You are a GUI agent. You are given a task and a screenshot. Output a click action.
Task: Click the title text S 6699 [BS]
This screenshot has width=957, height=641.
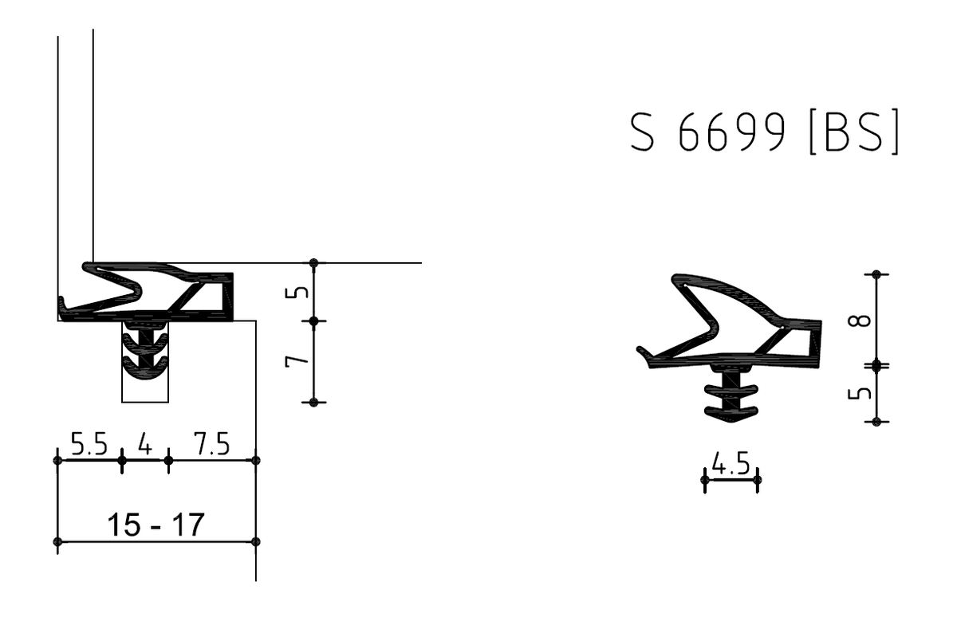point(764,132)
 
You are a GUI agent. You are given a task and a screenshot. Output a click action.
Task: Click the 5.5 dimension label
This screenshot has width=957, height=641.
point(89,445)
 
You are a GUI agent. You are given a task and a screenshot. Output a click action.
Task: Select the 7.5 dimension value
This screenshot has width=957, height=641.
point(211,445)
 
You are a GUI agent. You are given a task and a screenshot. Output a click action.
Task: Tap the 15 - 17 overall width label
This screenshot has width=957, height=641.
point(156,525)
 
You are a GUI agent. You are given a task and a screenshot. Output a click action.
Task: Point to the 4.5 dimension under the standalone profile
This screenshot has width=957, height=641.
point(731,465)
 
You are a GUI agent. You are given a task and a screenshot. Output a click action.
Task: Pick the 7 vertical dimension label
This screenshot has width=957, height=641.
point(296,361)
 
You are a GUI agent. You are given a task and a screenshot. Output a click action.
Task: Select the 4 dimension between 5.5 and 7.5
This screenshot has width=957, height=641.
point(145,445)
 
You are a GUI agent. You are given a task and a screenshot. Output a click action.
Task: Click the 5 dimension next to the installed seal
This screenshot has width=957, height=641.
point(296,292)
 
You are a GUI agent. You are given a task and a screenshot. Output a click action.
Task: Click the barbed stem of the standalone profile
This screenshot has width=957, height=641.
point(729,395)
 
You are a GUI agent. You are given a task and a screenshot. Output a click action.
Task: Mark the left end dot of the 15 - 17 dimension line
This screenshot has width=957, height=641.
point(57,542)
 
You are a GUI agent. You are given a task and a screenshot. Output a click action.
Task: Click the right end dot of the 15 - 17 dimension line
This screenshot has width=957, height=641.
point(255,542)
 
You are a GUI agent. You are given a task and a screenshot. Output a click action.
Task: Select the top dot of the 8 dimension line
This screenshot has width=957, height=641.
point(876,274)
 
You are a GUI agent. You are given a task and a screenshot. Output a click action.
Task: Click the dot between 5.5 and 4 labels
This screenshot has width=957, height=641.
point(121,460)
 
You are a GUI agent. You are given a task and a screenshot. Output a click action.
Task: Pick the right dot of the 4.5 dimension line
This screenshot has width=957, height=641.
point(757,479)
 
